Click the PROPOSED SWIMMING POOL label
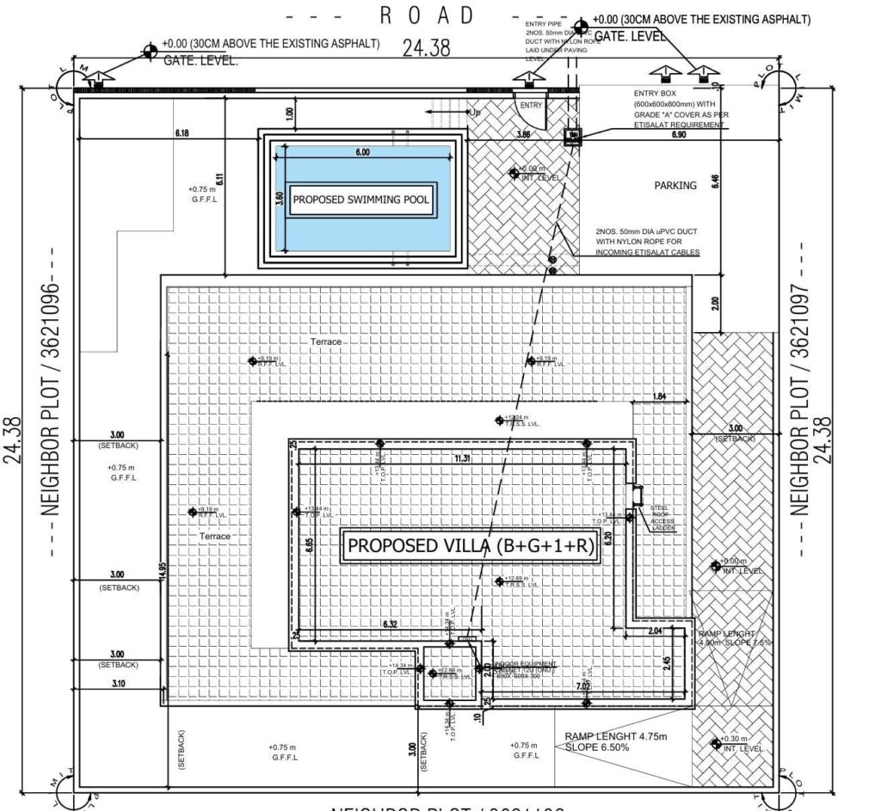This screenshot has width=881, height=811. click(360, 200)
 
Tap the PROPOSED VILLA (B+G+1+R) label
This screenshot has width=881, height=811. click(471, 546)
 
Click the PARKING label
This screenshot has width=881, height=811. click(675, 185)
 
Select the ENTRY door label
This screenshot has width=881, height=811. click(532, 105)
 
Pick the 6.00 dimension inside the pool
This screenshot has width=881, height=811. click(361, 152)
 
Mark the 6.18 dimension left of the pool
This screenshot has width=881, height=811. click(182, 134)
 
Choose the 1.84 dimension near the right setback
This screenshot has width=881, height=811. click(660, 396)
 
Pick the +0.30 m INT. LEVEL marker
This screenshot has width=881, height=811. click(715, 744)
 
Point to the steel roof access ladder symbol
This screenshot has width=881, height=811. click(638, 494)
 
